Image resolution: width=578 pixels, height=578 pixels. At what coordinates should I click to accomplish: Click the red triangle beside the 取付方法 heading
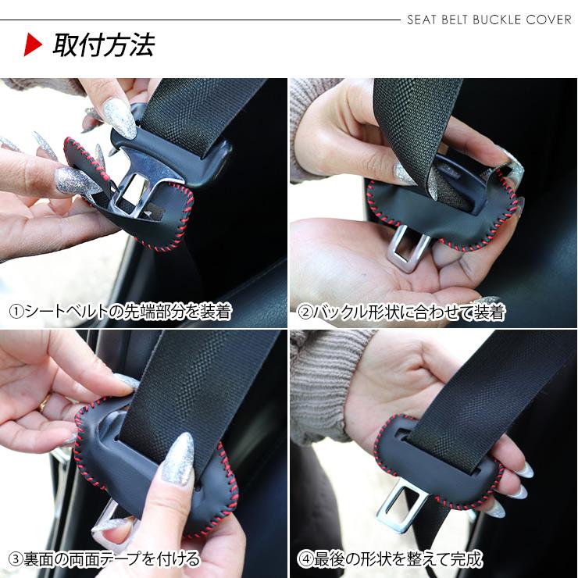click(32, 45)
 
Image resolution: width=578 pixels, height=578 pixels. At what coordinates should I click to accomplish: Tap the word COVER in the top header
click(549, 20)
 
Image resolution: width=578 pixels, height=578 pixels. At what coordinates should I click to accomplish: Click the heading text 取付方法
click(104, 45)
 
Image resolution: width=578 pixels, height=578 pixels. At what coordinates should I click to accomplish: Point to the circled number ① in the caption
click(16, 312)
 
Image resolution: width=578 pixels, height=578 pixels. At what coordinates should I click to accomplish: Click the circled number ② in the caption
click(305, 312)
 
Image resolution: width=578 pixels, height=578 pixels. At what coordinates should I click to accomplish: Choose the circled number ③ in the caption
click(16, 559)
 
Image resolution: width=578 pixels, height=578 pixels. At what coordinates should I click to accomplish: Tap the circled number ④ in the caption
click(305, 559)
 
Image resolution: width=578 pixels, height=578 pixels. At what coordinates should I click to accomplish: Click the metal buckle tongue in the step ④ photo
click(401, 507)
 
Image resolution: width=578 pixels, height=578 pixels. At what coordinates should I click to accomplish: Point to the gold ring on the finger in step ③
click(45, 402)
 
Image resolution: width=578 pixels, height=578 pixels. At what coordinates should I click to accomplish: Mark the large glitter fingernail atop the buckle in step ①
click(119, 118)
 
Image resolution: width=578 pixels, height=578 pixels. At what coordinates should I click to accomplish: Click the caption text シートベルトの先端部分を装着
click(128, 312)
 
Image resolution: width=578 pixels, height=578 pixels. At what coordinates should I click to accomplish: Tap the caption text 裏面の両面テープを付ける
click(112, 559)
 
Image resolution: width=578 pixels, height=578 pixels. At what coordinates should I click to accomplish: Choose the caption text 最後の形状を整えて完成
click(398, 559)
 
